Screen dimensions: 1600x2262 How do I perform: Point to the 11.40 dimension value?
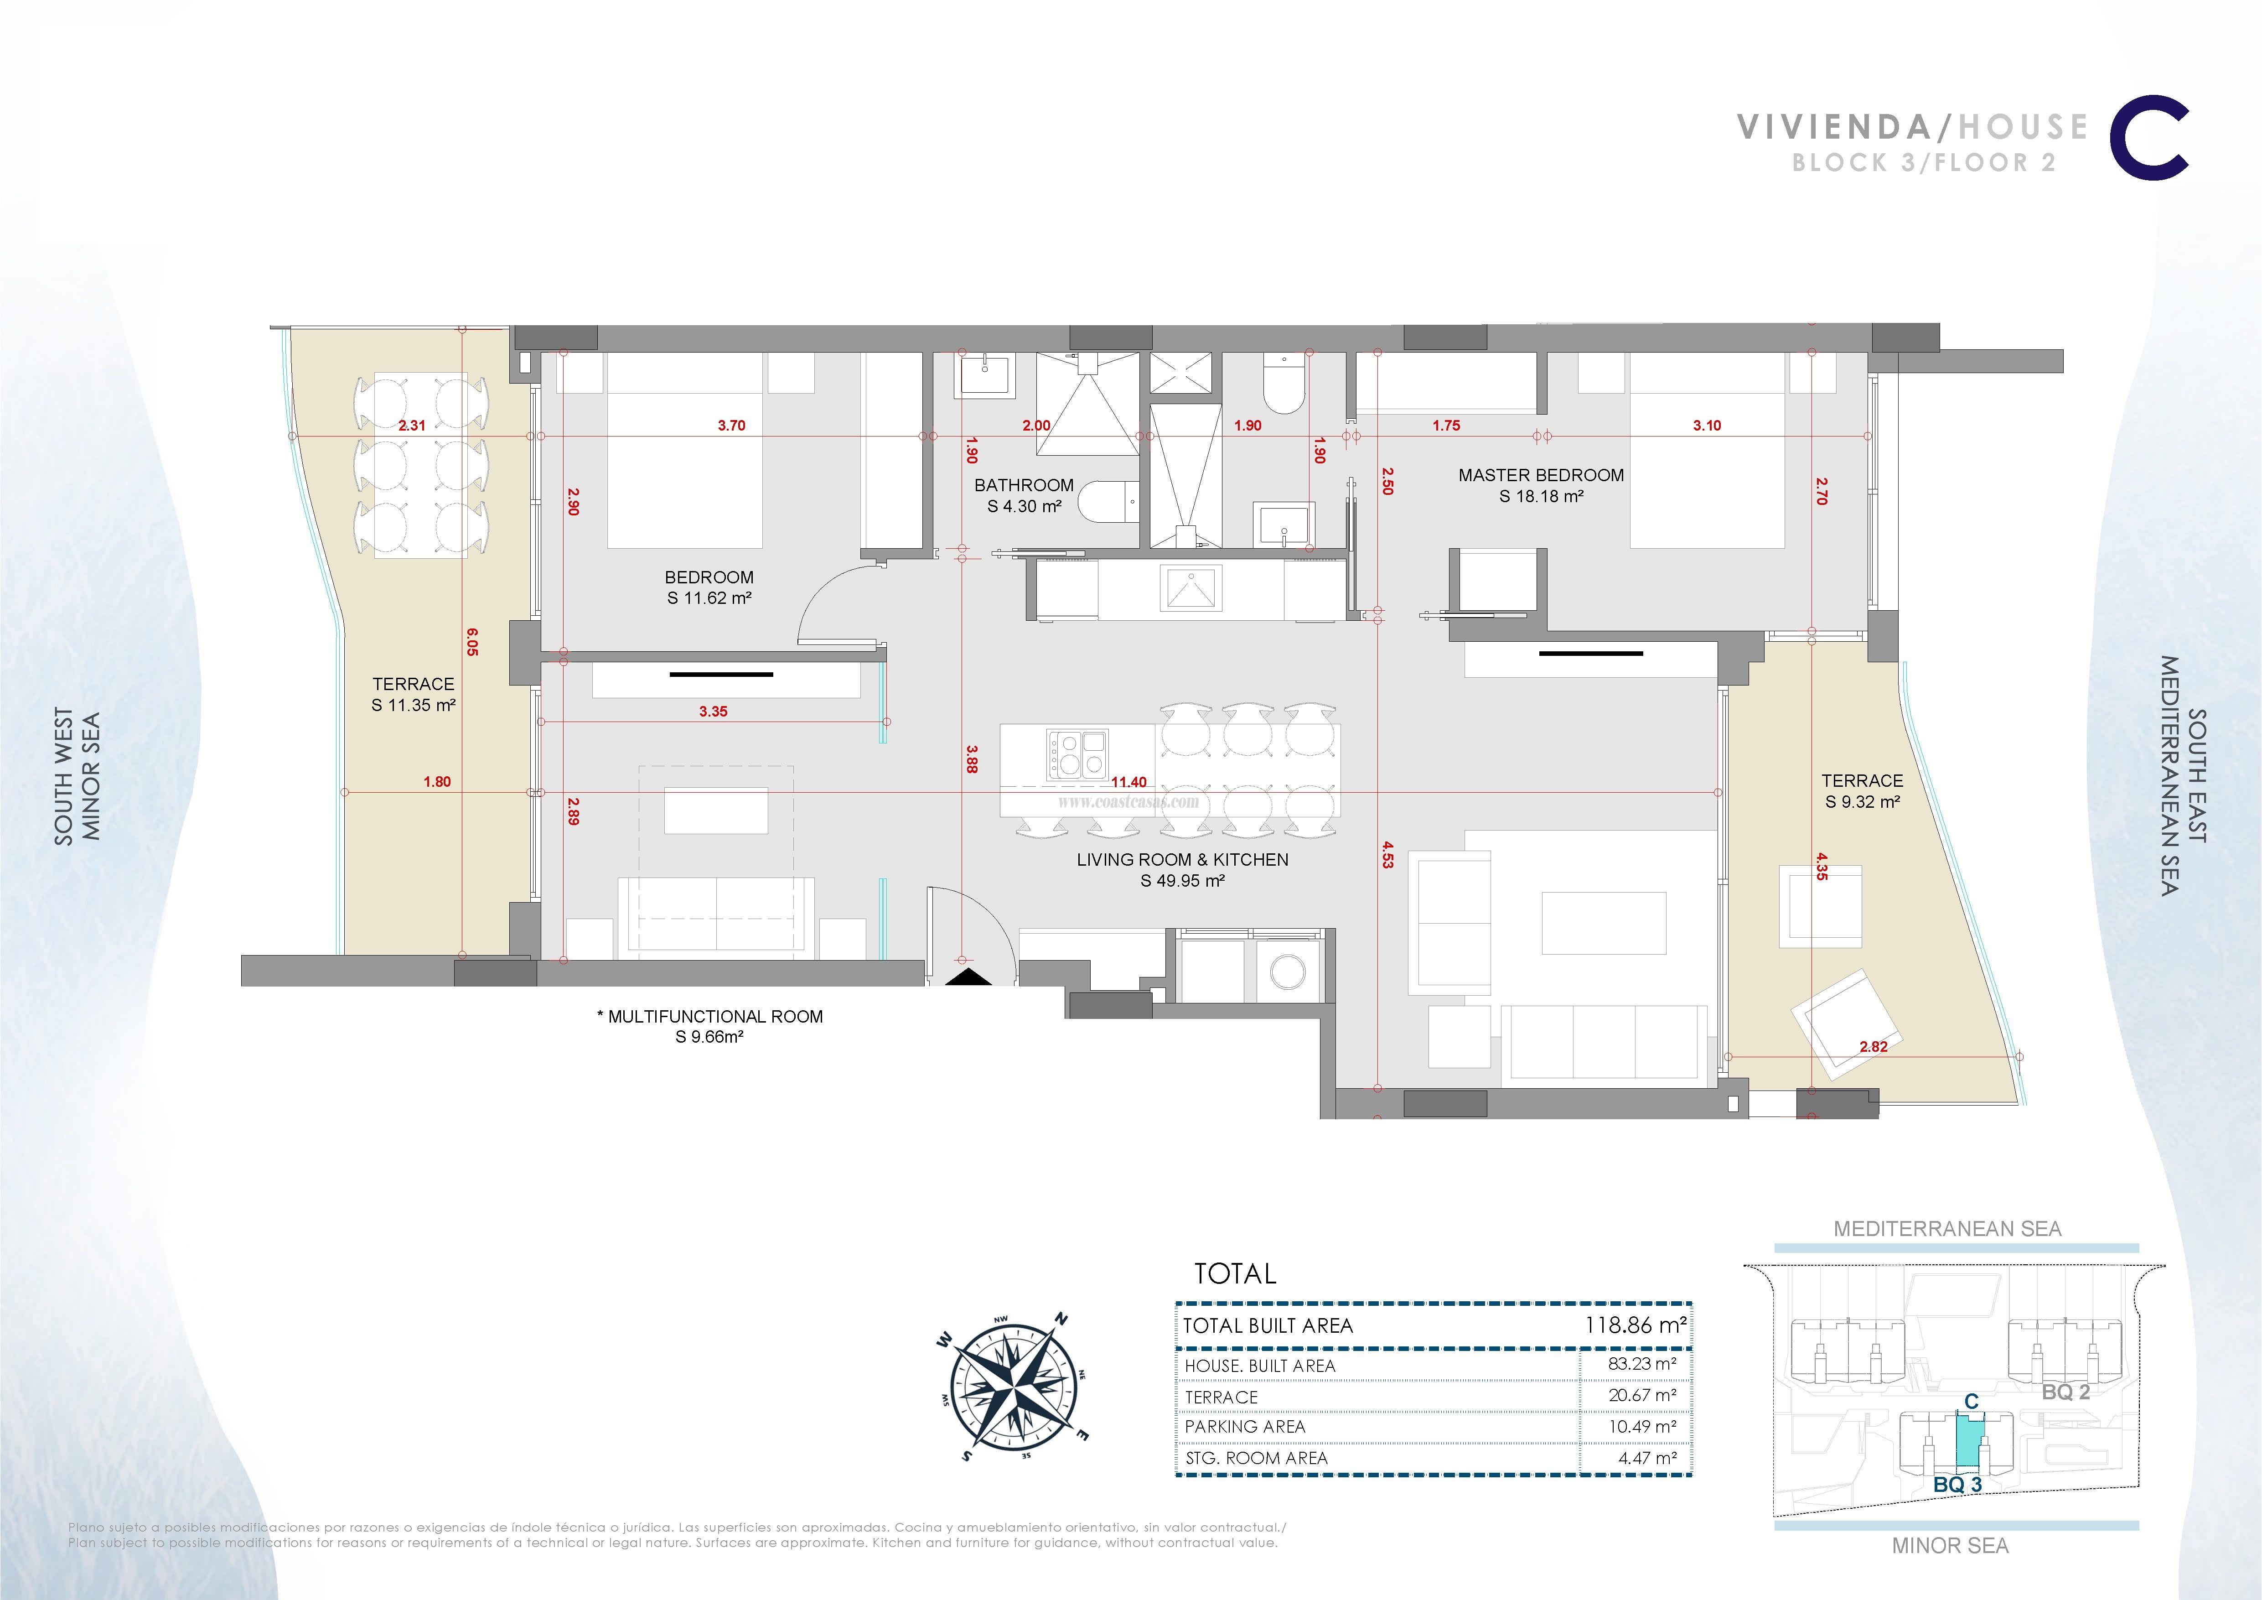click(x=1129, y=782)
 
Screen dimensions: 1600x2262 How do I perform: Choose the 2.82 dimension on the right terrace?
click(x=1873, y=1046)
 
